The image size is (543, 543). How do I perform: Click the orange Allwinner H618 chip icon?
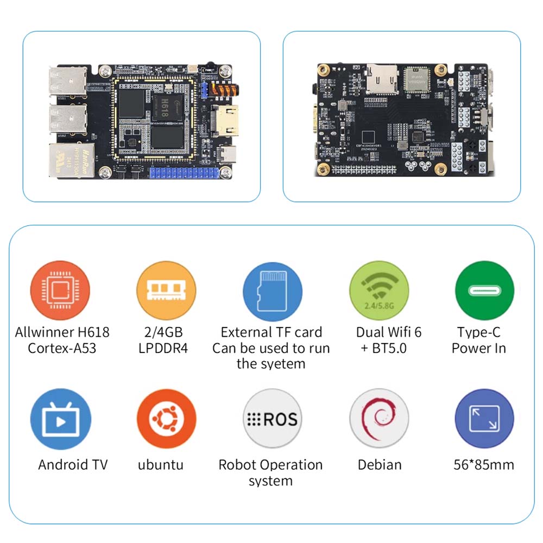60,291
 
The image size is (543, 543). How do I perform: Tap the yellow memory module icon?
166,291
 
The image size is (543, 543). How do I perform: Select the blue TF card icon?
272,292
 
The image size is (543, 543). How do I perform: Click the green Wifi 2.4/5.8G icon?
378,291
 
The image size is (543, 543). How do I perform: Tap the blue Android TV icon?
61,419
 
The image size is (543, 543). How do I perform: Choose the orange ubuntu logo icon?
166,419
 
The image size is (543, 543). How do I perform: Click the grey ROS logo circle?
272,419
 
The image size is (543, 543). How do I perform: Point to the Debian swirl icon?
378,419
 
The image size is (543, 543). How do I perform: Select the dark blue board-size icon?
484,419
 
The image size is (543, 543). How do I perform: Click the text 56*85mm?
484,465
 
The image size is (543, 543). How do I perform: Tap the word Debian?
380,465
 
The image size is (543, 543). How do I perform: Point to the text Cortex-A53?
62,348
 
